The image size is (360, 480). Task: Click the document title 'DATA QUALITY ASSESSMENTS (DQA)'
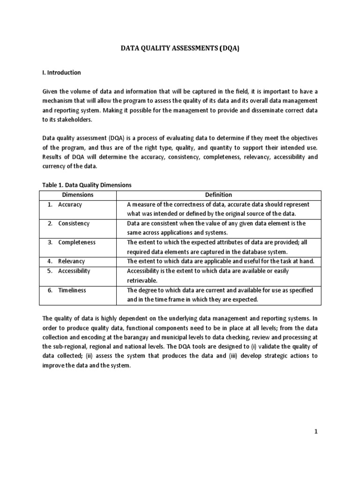180,48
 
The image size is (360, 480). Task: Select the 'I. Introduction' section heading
61,73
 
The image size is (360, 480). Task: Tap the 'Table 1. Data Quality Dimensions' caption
87,185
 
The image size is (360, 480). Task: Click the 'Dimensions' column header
78,195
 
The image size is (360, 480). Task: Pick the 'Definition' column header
218,195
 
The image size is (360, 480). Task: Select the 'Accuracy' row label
70,204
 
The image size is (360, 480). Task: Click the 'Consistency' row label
74,224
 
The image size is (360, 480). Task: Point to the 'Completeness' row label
76,242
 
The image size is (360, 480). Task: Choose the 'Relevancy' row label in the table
71,261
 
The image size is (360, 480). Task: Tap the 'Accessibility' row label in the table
74,271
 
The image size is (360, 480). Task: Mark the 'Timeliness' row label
72,290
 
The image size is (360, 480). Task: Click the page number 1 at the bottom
316,432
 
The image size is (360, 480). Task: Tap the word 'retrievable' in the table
142,280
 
